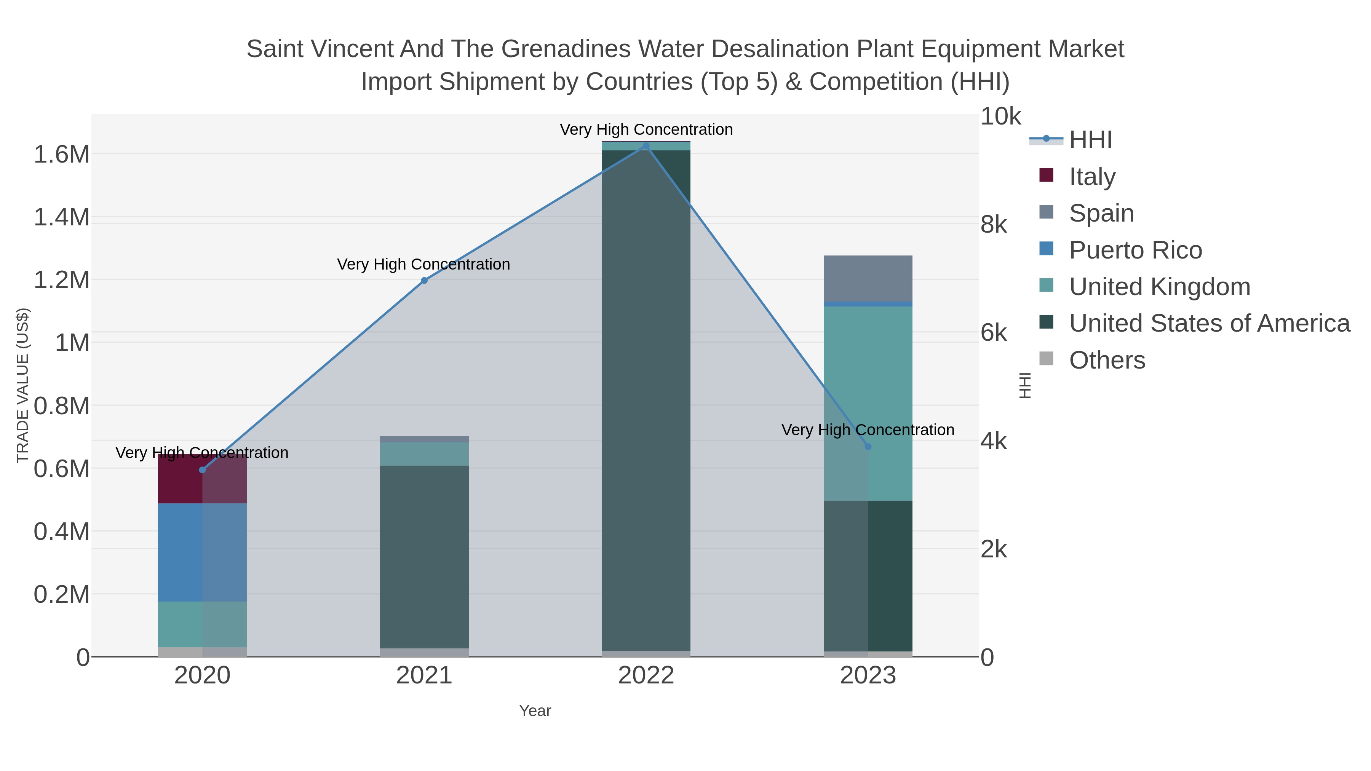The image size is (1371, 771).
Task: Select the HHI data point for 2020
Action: click(x=202, y=470)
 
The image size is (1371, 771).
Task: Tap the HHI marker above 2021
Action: click(x=424, y=280)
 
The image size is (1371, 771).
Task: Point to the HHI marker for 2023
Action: click(x=868, y=447)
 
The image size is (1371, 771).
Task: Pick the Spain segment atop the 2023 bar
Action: click(x=868, y=278)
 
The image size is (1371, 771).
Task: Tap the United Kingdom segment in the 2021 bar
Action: click(x=424, y=454)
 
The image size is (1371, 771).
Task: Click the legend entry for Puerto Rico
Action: click(x=1135, y=250)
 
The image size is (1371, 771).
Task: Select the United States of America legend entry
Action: click(x=1209, y=324)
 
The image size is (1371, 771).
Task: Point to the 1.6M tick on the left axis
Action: click(x=61, y=154)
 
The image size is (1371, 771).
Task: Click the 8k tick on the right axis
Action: click(x=994, y=225)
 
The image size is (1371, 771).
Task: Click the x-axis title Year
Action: click(x=535, y=711)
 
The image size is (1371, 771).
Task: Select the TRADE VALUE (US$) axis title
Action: click(x=22, y=385)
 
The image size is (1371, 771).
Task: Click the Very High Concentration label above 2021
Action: click(x=423, y=265)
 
